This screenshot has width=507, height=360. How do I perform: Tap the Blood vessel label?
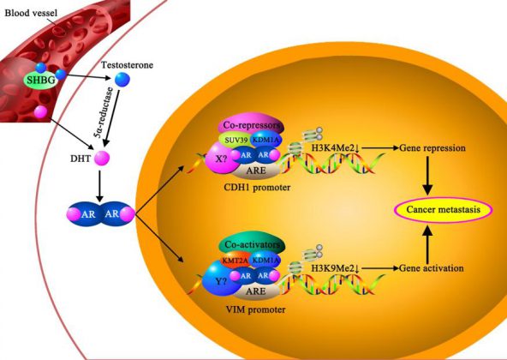[x=31, y=13]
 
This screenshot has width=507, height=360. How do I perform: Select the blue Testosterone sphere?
[x=122, y=80]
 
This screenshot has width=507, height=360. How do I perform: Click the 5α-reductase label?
[x=105, y=112]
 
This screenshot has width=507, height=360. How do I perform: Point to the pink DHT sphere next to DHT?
[x=102, y=158]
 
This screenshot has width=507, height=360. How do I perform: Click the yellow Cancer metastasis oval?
[x=444, y=210]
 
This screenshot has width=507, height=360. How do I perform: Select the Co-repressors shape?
[x=252, y=124]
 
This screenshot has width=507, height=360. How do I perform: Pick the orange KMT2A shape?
[x=235, y=260]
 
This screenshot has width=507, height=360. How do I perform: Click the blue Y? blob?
[x=219, y=279]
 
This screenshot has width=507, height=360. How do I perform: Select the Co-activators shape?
[x=252, y=244]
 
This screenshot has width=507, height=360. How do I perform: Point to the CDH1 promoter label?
[x=257, y=187]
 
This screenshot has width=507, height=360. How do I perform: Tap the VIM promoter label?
[x=255, y=309]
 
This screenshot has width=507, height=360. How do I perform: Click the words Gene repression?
[x=432, y=148]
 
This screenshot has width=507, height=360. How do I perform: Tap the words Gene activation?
[x=432, y=268]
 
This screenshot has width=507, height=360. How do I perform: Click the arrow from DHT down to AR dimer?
[x=99, y=185]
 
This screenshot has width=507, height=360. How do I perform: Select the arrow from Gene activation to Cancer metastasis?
[x=428, y=245]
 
